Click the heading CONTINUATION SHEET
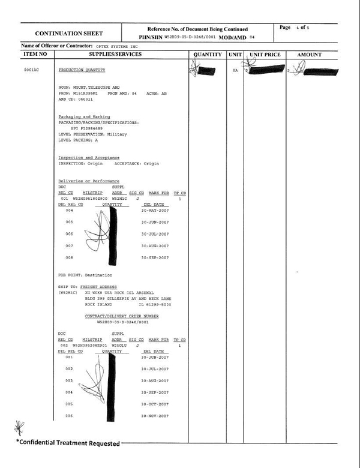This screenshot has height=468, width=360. coord(69,34)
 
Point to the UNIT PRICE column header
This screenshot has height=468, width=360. coord(265,55)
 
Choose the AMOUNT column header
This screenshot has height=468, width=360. coord(310,55)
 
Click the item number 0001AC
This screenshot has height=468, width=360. coord(31,70)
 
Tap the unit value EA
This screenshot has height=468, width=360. coord(235,70)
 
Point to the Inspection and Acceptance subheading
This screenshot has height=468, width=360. coord(89,158)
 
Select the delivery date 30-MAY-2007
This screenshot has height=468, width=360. coord(155,211)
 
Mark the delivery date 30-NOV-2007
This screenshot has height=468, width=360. coord(155,416)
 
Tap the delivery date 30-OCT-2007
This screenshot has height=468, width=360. coord(155,404)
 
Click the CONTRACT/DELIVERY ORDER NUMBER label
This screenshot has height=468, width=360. coord(122,316)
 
